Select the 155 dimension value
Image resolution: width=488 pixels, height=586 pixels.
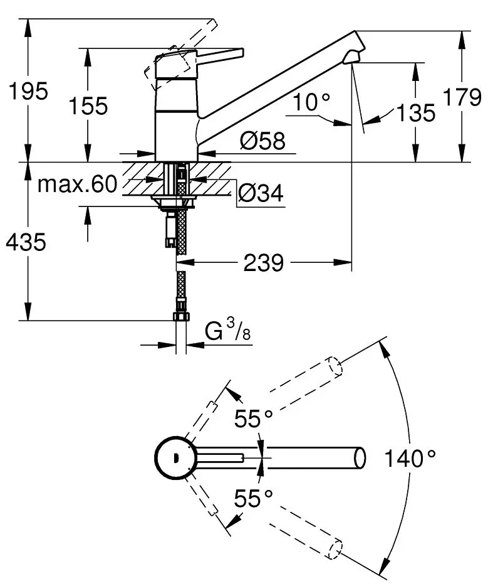pos(87,106)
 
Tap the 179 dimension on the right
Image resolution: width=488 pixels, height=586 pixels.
pos(462,98)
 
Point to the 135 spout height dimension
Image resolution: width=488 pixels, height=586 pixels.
pos(415,113)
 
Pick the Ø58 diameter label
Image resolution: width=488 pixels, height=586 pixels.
pos(261,142)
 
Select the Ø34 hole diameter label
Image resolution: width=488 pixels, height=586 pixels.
pos(261,194)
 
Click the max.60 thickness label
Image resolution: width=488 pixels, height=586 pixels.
pos(78,184)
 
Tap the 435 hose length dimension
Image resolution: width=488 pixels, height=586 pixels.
pos(24,242)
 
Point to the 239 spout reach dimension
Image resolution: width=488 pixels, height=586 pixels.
pos(262,263)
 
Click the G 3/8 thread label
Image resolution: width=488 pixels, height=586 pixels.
pos(228,330)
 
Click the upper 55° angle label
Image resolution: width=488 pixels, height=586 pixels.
pos(254,418)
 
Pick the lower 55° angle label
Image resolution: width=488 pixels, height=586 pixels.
pos(254,498)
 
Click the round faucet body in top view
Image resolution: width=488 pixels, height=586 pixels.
pos(171,457)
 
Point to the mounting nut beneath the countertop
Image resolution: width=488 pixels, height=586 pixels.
pos(174,203)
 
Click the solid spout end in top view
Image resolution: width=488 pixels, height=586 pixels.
pos(360,457)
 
